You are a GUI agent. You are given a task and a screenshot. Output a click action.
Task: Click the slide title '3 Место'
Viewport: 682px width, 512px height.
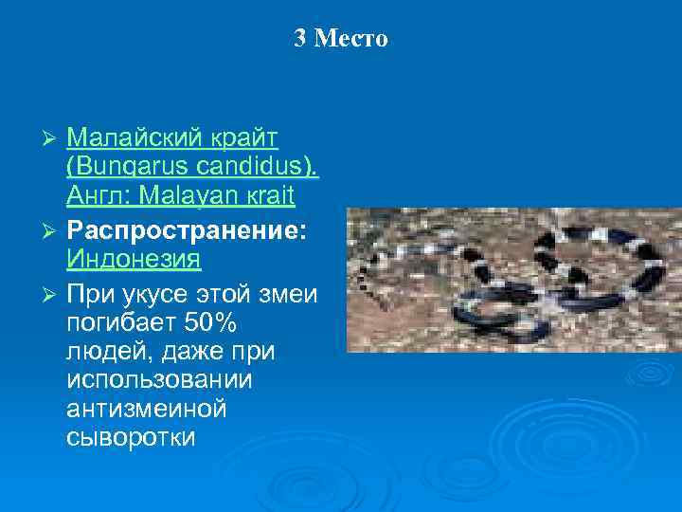pos(341,39)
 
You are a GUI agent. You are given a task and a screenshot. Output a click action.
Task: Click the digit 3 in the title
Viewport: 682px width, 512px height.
pos(300,39)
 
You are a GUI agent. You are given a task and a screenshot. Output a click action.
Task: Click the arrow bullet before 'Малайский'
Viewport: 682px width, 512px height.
pos(53,139)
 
